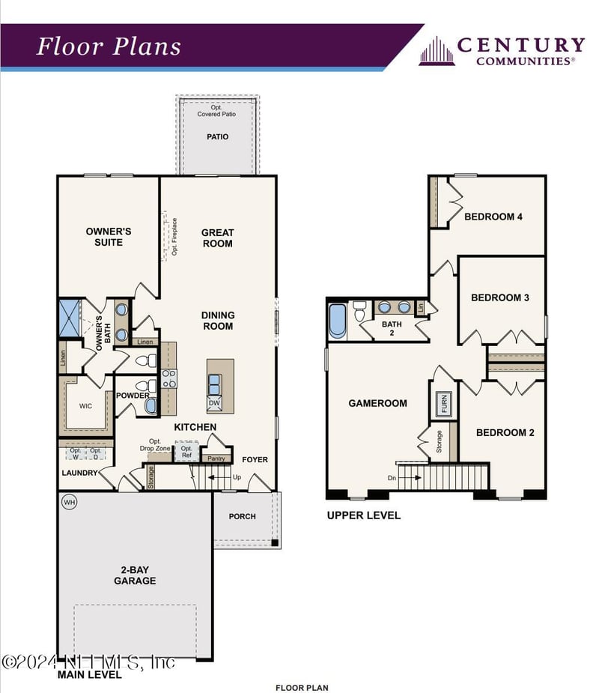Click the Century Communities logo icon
point(437,51)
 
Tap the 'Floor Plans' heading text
point(109,46)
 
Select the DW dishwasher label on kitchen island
point(214,403)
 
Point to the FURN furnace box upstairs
point(442,403)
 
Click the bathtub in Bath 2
point(337,320)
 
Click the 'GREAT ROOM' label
point(217,238)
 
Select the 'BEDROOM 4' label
point(493,217)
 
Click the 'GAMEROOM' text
point(378,403)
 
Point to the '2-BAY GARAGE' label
point(135,575)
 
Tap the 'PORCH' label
point(242,516)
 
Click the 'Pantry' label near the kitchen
point(216,459)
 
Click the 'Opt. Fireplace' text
point(174,237)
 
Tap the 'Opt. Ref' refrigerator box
point(186,452)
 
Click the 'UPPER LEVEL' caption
point(363,515)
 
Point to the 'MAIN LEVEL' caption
point(89,674)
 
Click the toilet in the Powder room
point(152,387)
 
